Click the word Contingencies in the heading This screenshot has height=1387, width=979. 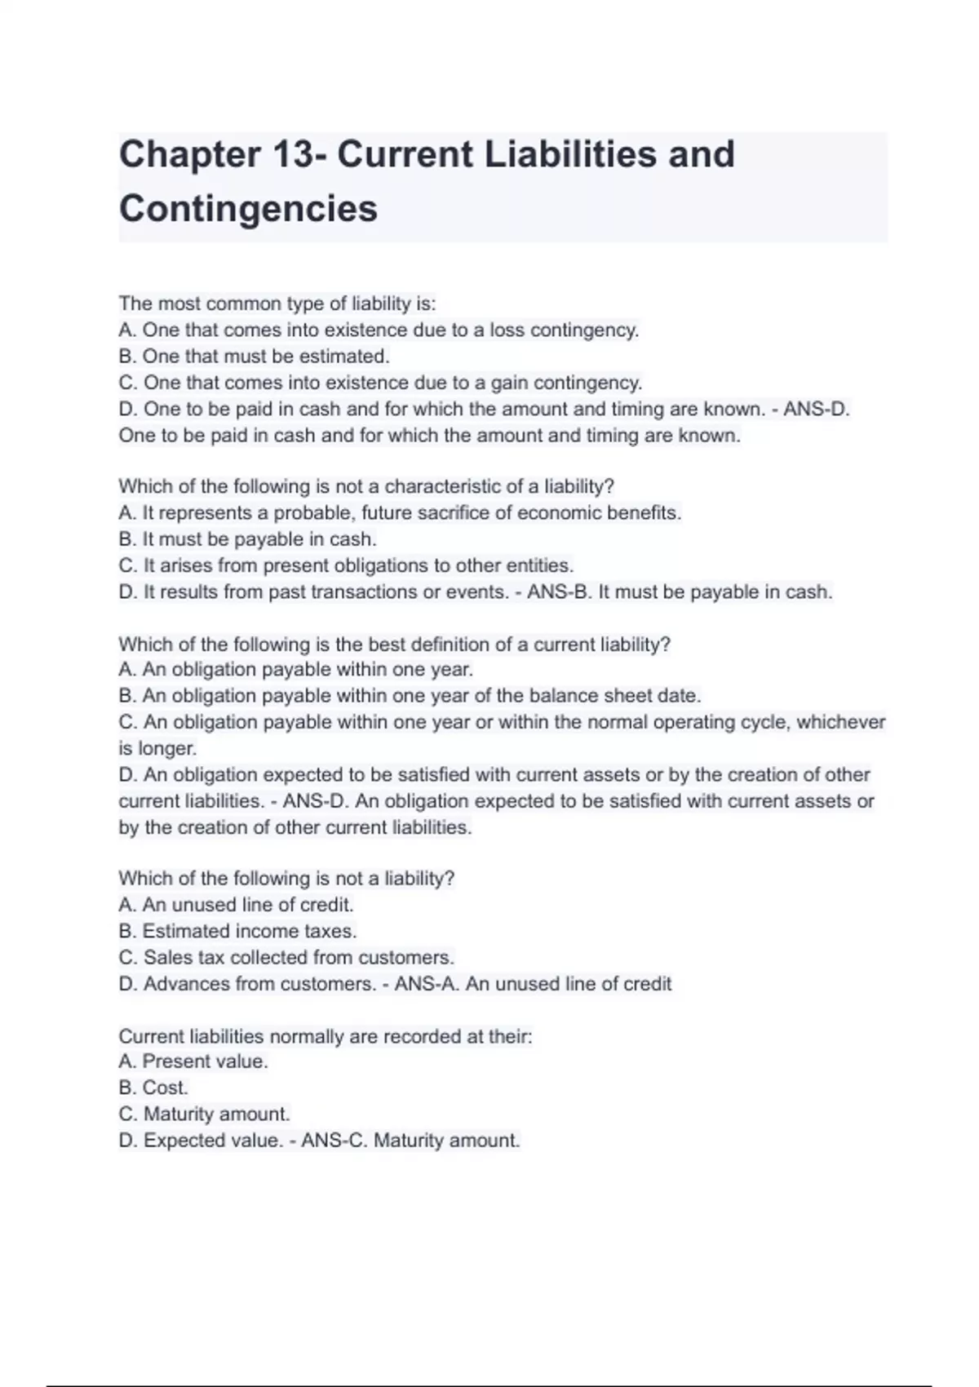point(248,209)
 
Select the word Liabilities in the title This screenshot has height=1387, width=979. point(569,155)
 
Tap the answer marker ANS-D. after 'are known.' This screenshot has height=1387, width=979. point(817,409)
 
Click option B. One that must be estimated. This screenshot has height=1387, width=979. point(254,357)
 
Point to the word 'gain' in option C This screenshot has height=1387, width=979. point(509,383)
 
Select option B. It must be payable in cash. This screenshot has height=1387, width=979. point(247,539)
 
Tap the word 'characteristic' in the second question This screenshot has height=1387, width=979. point(442,487)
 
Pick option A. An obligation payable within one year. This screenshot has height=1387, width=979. point(295,670)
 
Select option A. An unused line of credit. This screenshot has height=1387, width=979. point(236,905)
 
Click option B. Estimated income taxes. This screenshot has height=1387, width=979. point(237,931)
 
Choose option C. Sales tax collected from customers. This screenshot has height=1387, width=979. point(286,957)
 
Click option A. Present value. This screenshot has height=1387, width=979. point(193,1061)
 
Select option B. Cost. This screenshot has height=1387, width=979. point(153,1088)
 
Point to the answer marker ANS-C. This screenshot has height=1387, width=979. point(334,1141)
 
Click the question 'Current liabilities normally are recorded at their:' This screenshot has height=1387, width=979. point(325,1036)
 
